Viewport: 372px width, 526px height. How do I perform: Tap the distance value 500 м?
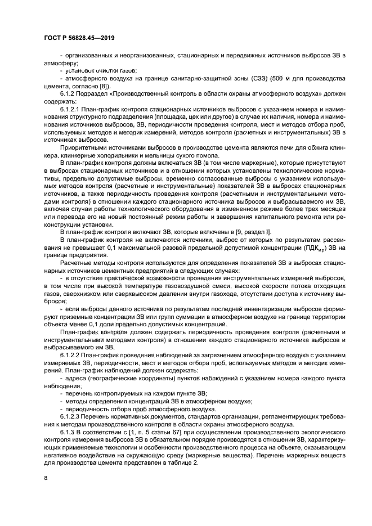(277, 79)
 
